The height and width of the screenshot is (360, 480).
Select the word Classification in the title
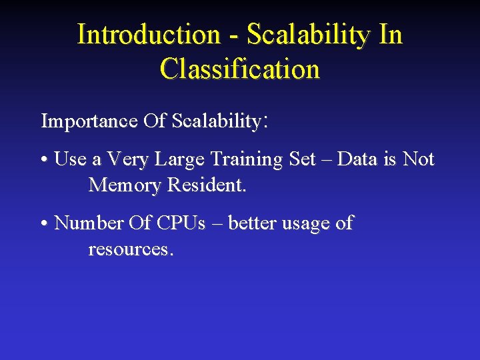(240, 69)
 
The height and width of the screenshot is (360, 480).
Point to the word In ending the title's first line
(391, 35)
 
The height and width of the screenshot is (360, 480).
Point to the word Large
(179, 160)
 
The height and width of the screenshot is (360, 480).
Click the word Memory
(125, 185)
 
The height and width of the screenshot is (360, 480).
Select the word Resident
(207, 185)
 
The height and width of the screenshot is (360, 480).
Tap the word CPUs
(181, 223)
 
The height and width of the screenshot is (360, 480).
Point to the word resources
(129, 249)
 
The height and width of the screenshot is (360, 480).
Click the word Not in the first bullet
(419, 159)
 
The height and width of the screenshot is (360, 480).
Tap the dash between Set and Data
(327, 160)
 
